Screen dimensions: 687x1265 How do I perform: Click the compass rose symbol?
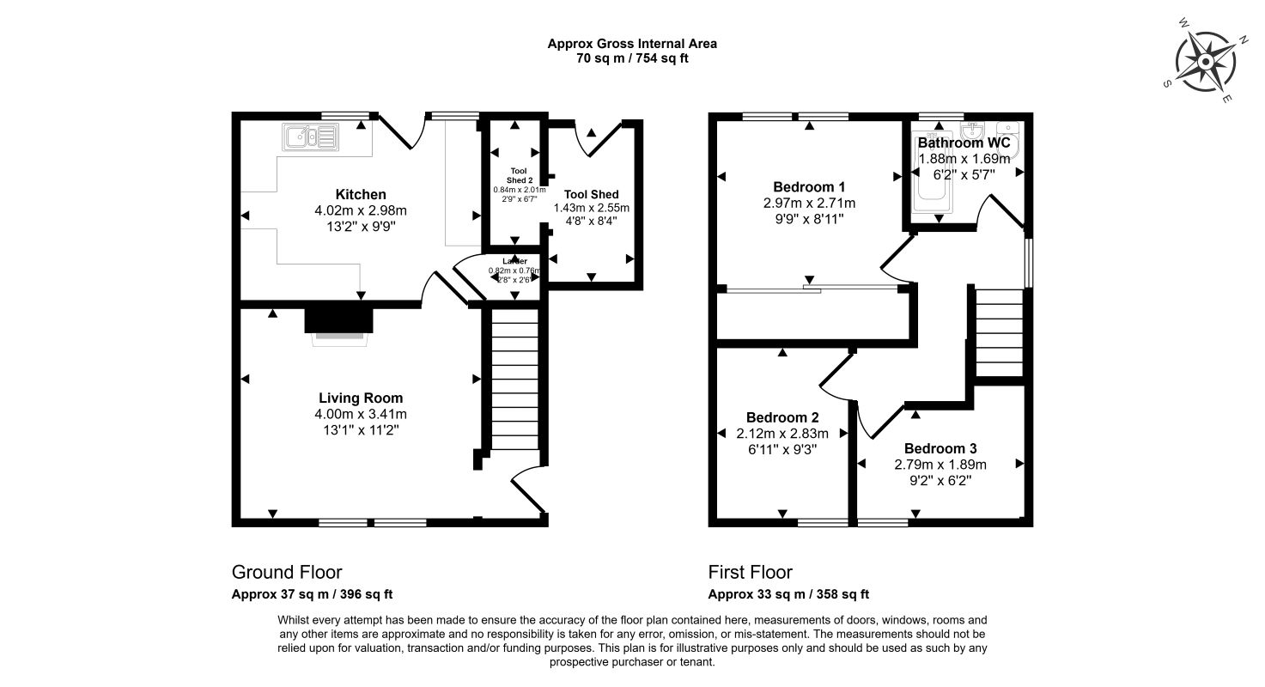[1206, 63]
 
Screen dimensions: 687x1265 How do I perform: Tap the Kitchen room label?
[361, 195]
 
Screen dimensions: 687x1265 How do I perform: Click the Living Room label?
[361, 398]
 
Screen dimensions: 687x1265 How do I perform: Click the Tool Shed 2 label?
[514, 175]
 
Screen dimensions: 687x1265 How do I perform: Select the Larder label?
[514, 260]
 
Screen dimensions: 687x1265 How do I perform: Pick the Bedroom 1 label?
[810, 187]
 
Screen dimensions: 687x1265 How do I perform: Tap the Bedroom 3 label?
[940, 448]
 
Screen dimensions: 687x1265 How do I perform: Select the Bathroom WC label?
[964, 143]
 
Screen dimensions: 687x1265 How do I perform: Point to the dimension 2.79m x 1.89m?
[940, 465]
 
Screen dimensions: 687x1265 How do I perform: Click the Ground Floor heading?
[287, 573]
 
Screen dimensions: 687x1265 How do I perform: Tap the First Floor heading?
[750, 573]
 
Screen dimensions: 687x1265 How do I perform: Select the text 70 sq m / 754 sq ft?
[632, 59]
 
